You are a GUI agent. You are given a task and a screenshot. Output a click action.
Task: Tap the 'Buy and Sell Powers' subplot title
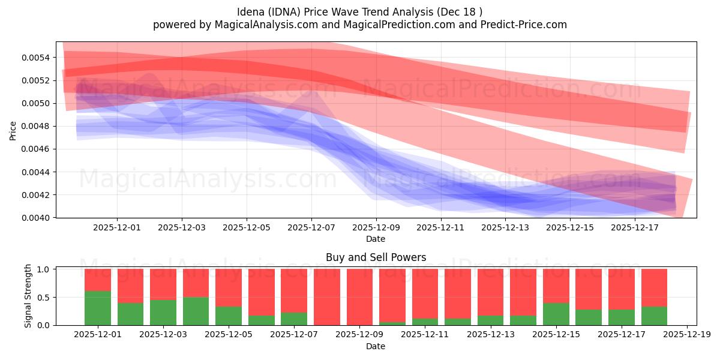(376, 257)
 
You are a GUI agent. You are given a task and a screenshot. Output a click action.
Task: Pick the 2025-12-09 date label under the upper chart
(376, 227)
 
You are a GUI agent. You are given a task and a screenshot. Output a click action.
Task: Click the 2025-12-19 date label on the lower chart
(686, 335)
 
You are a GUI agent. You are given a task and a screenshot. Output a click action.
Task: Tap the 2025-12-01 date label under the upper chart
(117, 227)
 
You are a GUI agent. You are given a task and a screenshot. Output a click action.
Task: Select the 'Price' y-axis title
(13, 130)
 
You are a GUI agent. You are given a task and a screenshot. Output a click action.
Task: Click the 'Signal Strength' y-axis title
(28, 296)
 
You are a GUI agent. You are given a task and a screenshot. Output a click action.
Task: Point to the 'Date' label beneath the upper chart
(376, 239)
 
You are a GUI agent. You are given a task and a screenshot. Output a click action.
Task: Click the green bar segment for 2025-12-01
(98, 308)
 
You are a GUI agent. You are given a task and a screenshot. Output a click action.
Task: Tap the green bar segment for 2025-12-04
(196, 311)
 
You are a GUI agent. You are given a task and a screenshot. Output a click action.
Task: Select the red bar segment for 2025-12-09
(359, 297)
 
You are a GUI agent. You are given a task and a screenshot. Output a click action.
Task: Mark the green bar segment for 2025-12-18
(654, 316)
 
